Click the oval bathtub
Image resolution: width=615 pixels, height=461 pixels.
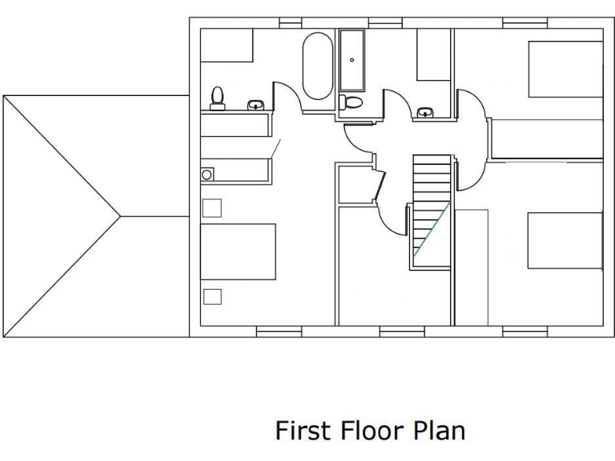pos(317,66)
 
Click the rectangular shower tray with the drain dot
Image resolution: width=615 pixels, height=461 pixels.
pos(352,61)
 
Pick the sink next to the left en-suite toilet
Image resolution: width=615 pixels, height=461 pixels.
pos(255,104)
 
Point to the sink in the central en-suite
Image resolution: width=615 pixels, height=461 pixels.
pos(426,112)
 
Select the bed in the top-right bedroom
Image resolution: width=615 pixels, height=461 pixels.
pos(565,69)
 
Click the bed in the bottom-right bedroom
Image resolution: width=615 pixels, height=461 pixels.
pos(565,240)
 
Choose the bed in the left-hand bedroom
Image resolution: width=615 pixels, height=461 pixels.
pos(238,251)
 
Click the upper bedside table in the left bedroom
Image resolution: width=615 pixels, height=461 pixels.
pos(211,208)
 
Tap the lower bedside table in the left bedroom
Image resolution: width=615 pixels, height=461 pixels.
pos(212,296)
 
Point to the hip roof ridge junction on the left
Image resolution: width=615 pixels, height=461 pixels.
pos(120,216)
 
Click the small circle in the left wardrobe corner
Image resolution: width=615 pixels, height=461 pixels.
pos(207,174)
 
